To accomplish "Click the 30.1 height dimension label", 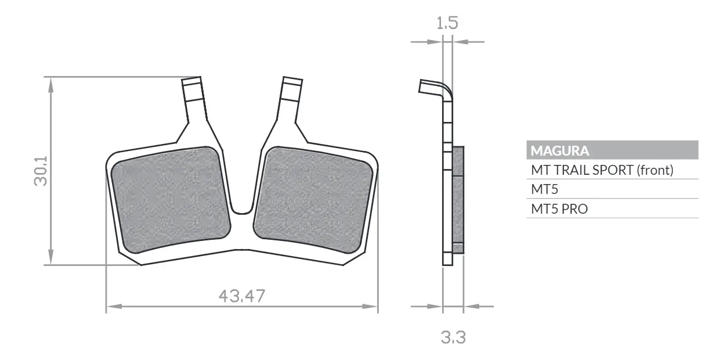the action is (41, 171).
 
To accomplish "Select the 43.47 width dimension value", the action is (242, 296).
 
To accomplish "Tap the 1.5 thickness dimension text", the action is (447, 23).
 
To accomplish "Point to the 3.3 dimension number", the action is (453, 337).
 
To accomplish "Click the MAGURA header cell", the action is (612, 150).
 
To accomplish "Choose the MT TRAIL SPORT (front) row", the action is (612, 170).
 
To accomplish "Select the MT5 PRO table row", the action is (612, 208).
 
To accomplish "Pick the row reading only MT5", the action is (612, 189).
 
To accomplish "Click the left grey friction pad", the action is (171, 200).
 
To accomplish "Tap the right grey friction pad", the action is (313, 200).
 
